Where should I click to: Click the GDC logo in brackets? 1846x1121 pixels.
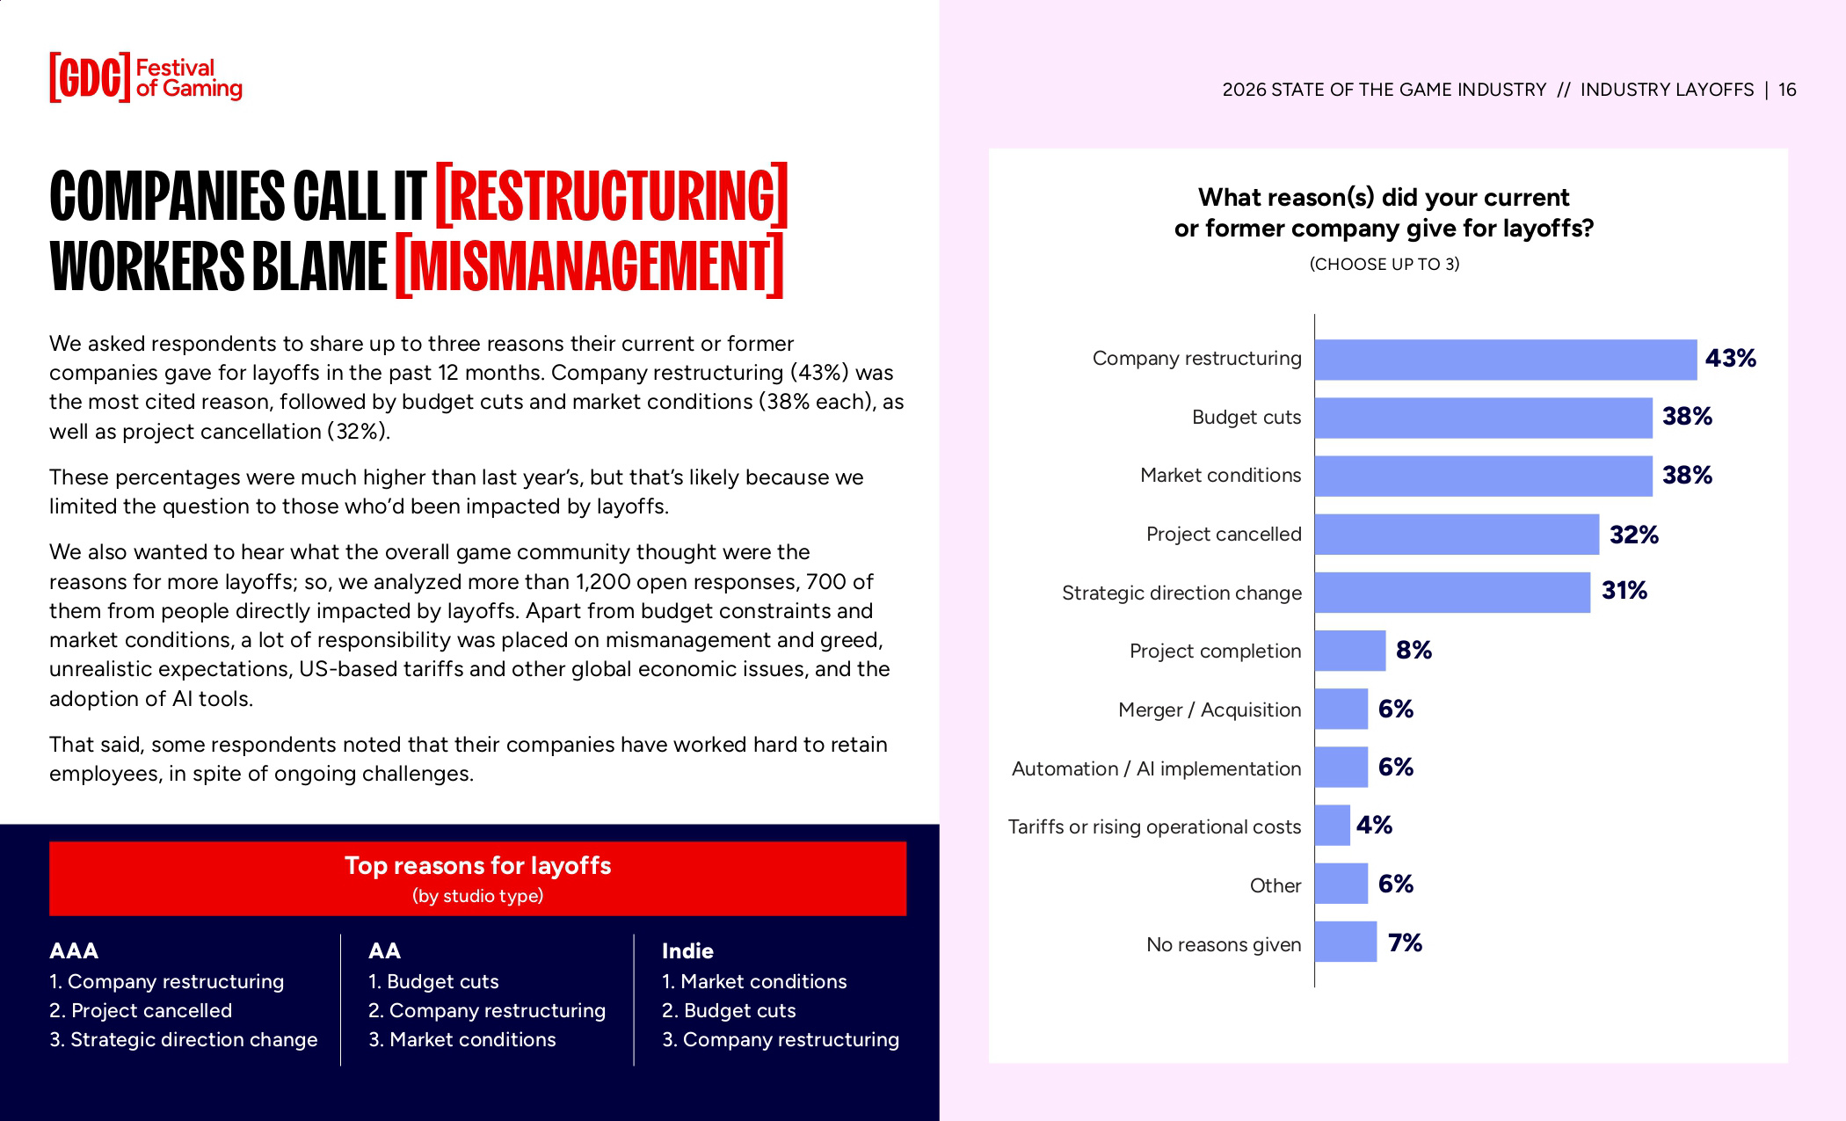(x=90, y=78)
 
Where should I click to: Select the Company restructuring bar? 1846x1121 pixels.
(x=1505, y=360)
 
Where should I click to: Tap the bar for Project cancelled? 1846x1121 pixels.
(x=1457, y=535)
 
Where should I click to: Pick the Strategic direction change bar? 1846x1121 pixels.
(x=1452, y=593)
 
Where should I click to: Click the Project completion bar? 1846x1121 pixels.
(x=1350, y=651)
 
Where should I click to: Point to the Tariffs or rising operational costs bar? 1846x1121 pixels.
(x=1333, y=826)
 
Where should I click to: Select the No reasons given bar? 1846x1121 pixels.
(x=1346, y=943)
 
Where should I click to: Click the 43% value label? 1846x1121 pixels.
(x=1730, y=359)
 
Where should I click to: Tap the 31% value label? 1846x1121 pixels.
(x=1624, y=591)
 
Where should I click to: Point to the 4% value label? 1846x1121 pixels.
(x=1374, y=826)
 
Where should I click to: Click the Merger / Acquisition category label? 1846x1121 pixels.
(x=1209, y=710)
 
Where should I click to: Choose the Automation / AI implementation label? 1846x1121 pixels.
(x=1156, y=769)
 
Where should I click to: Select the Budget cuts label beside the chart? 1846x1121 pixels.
(x=1246, y=418)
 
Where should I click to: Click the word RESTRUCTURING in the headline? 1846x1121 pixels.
(x=612, y=195)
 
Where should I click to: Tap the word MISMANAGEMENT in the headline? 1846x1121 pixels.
(x=589, y=266)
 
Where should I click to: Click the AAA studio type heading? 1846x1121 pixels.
(x=74, y=951)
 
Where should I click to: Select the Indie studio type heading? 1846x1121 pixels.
(x=687, y=951)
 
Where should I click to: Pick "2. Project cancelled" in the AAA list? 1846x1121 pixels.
(x=141, y=1011)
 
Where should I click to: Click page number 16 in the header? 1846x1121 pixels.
(x=1787, y=90)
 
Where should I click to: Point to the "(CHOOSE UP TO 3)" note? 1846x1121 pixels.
(x=1384, y=265)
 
